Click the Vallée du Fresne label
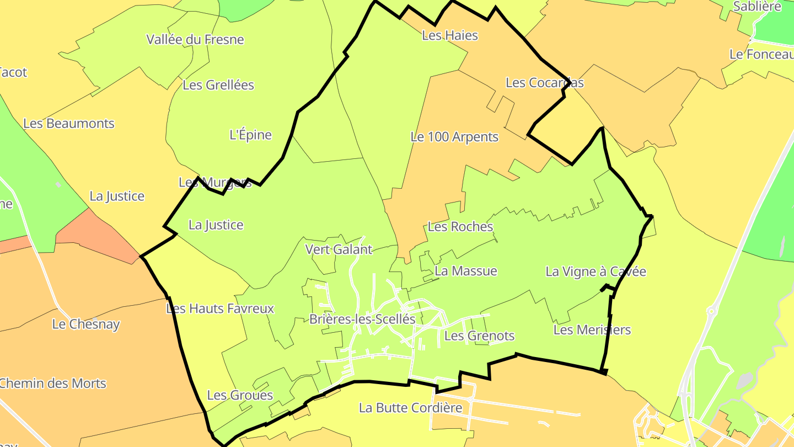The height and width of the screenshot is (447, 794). (x=195, y=39)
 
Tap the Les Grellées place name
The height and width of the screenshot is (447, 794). (x=218, y=85)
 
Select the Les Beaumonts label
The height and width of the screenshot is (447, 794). (x=69, y=123)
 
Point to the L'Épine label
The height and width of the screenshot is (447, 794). (x=250, y=135)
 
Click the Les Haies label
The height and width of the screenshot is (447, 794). (x=449, y=35)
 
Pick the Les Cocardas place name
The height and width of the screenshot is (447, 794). (x=544, y=83)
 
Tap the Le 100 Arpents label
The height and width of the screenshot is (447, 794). (x=454, y=137)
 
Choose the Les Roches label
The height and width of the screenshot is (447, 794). (x=460, y=226)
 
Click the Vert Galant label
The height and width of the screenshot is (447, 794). (x=339, y=249)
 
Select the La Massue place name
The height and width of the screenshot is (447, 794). (x=466, y=271)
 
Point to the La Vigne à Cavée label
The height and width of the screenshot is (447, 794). (x=595, y=272)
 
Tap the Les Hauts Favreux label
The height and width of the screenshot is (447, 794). (x=220, y=308)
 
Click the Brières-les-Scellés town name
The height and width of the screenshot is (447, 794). (x=362, y=319)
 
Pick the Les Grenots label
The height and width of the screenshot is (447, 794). (x=479, y=336)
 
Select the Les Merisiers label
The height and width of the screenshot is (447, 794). (x=592, y=330)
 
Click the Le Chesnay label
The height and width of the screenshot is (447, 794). (x=86, y=324)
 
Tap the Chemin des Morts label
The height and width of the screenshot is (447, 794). (x=53, y=383)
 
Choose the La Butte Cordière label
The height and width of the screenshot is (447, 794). (x=410, y=408)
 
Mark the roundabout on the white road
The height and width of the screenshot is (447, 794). (x=711, y=312)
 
